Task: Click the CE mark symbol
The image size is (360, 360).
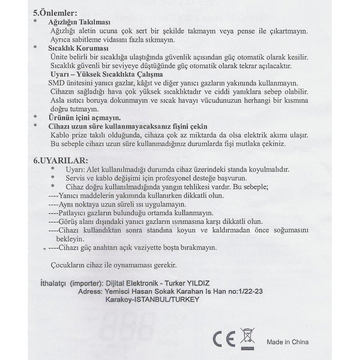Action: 224,339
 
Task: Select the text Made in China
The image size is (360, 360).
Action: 288,342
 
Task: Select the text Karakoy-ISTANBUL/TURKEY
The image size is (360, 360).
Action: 152,300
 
